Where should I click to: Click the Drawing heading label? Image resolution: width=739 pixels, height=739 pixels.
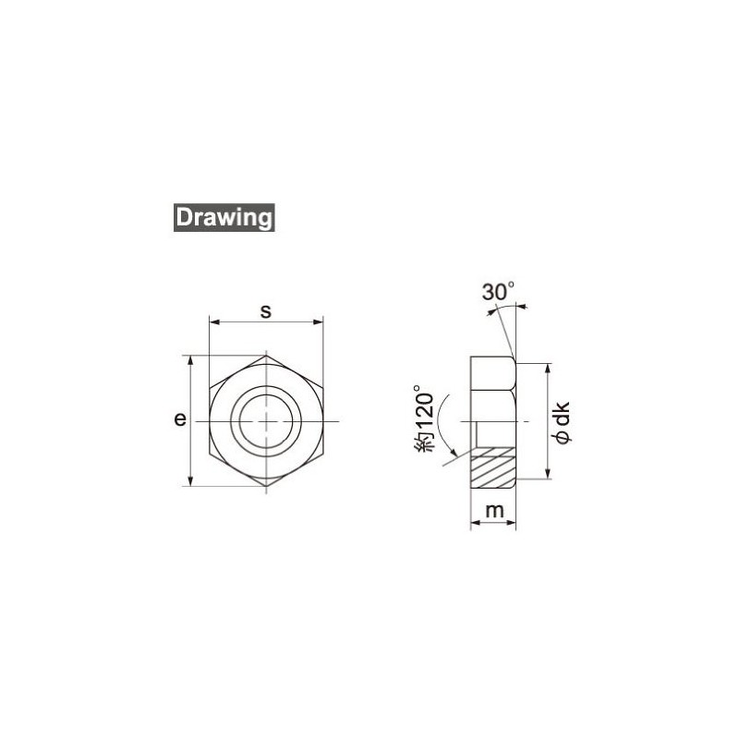pyautogui.click(x=222, y=218)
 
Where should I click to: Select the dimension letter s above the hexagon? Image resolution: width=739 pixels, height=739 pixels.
pyautogui.click(x=265, y=310)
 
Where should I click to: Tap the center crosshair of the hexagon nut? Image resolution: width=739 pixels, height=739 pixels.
pyautogui.click(x=266, y=421)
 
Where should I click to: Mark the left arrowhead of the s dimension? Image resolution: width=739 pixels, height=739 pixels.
pyautogui.click(x=214, y=322)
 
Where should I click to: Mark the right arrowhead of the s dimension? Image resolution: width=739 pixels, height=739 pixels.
pyautogui.click(x=320, y=322)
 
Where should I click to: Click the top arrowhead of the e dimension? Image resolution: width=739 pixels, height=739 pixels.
pyautogui.click(x=191, y=361)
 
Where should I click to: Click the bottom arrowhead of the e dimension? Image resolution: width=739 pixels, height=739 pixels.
pyautogui.click(x=191, y=479)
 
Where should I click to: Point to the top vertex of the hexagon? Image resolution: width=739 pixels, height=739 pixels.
pyautogui.click(x=266, y=355)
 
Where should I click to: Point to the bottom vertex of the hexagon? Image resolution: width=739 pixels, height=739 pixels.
pyautogui.click(x=266, y=486)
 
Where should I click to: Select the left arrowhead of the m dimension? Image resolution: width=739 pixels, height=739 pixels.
pyautogui.click(x=475, y=524)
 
